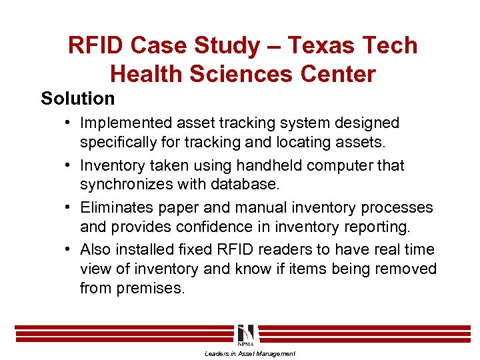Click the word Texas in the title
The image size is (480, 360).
pyautogui.click(x=315, y=45)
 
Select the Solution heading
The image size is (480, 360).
pyautogui.click(x=77, y=99)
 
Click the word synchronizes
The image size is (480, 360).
pyautogui.click(x=124, y=184)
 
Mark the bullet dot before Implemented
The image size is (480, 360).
pyautogui.click(x=70, y=123)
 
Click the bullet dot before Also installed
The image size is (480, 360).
pyautogui.click(x=70, y=250)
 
